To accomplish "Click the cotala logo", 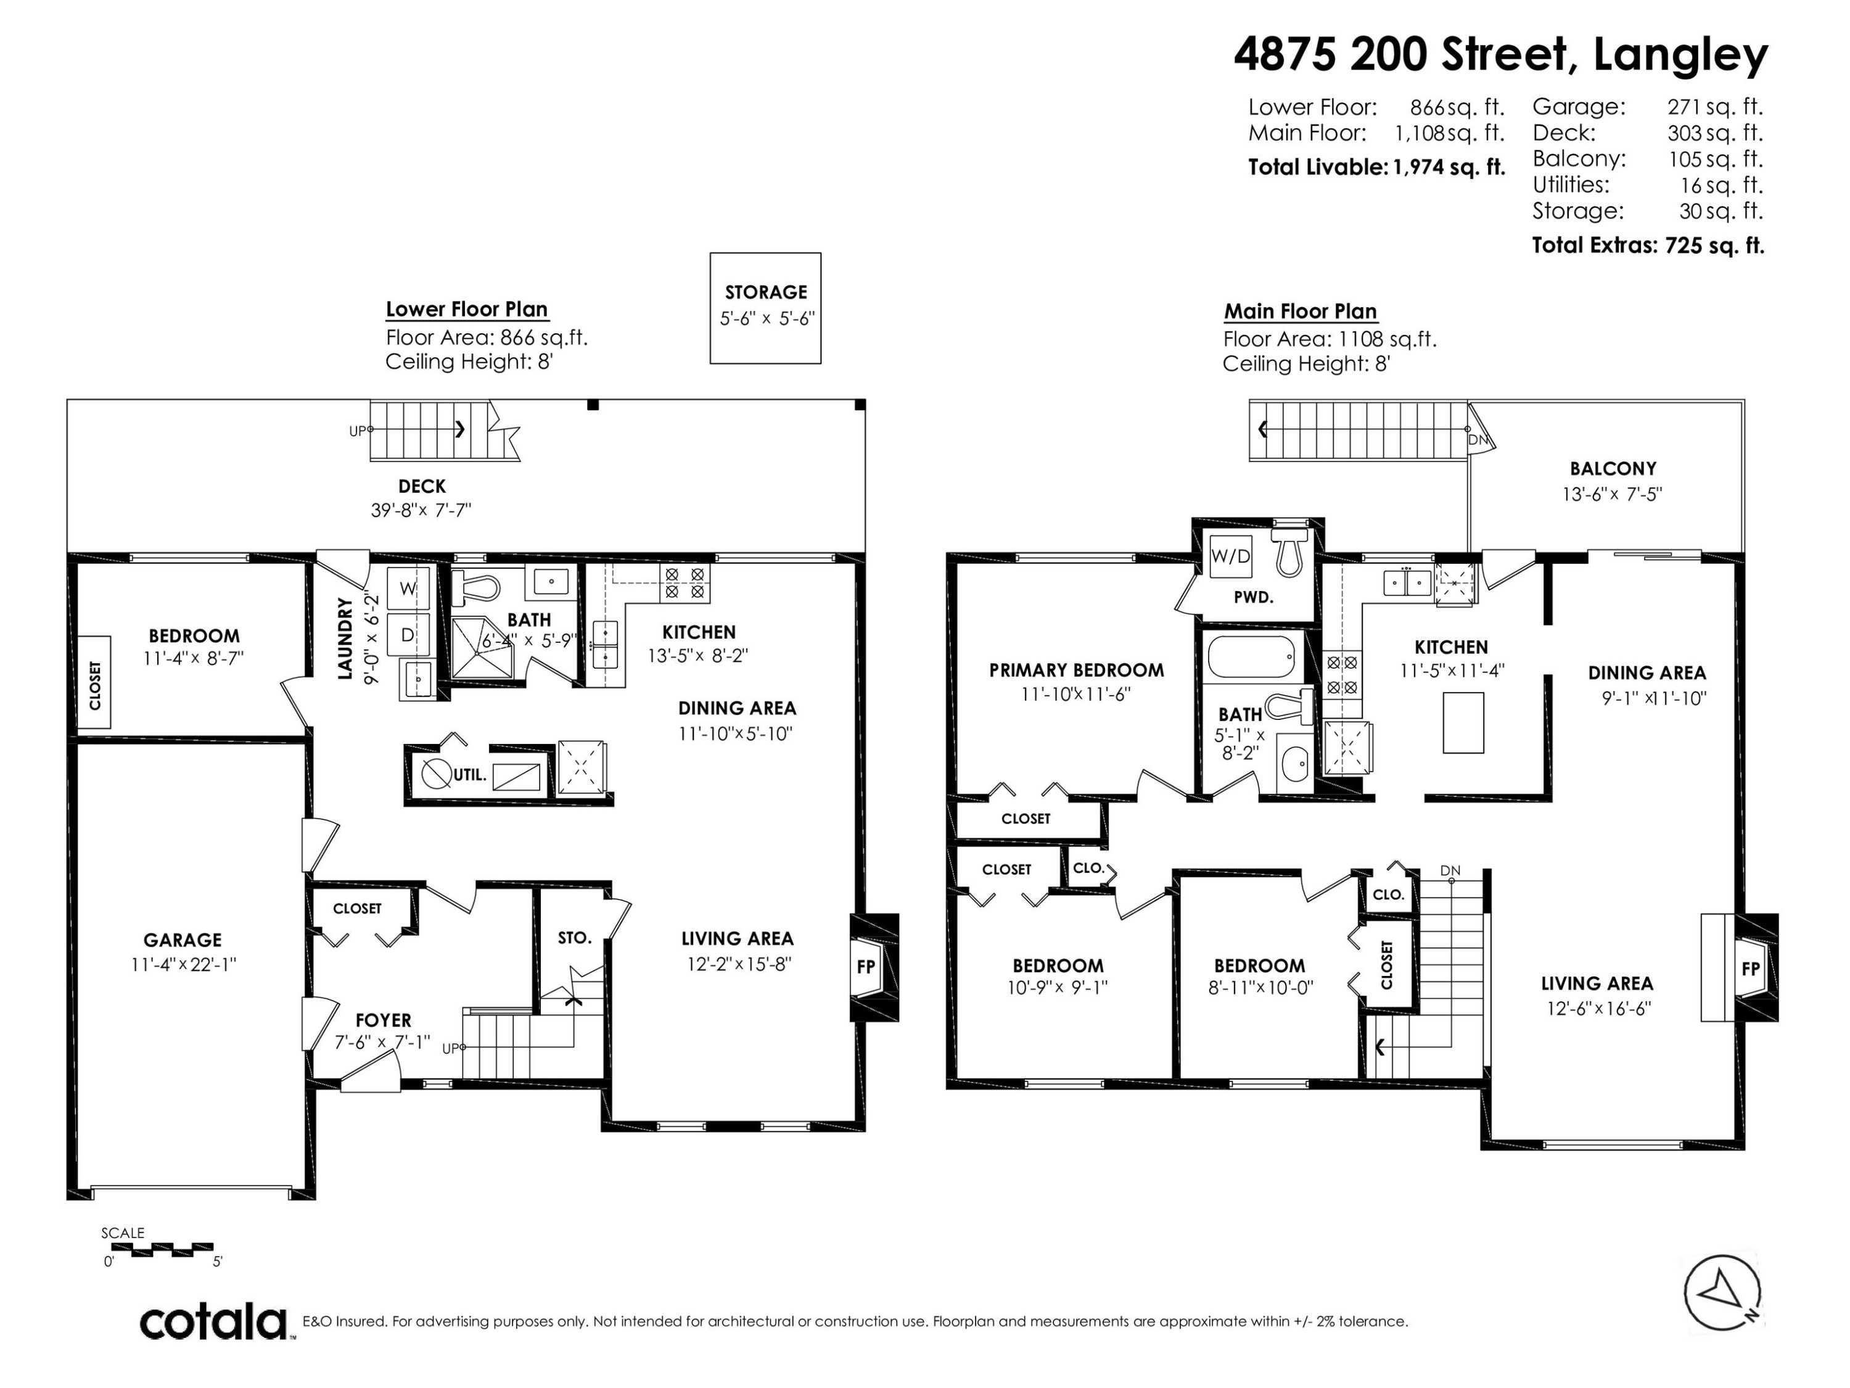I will click(213, 1323).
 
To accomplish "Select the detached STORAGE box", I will click(765, 308).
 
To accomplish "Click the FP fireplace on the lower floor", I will click(866, 966).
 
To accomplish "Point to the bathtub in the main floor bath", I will click(1251, 657).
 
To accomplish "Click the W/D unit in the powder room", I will click(1231, 556).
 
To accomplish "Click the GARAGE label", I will click(183, 940).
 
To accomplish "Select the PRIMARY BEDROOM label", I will click(1076, 670).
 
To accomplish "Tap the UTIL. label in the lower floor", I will click(470, 775).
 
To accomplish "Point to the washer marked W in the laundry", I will click(408, 588).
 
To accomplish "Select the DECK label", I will click(422, 486).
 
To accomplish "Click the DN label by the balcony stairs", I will click(1478, 440).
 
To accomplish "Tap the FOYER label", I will click(383, 1021).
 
